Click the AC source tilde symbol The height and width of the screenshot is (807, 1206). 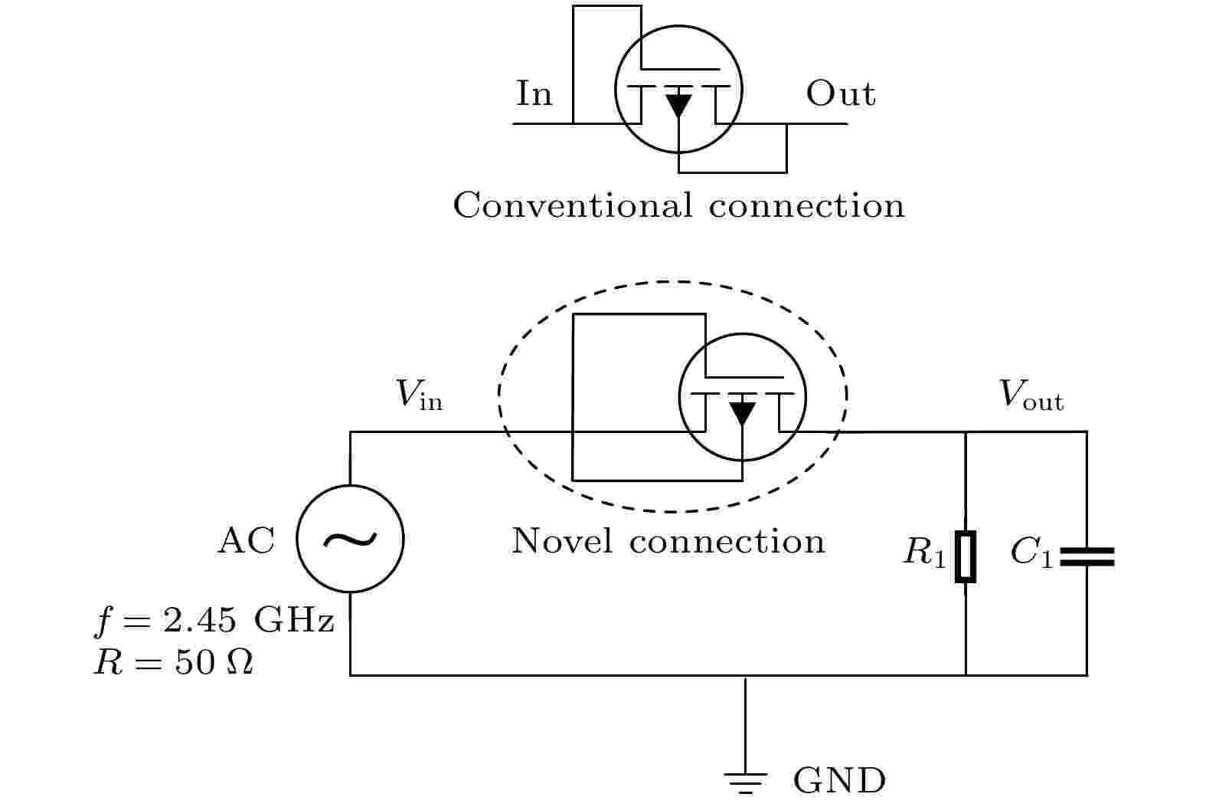[x=350, y=540]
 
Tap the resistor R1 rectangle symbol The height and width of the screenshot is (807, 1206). [x=966, y=557]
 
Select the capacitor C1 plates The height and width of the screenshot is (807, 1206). [x=1087, y=557]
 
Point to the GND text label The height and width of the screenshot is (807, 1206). [x=839, y=781]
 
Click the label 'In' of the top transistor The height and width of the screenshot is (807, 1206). [x=534, y=93]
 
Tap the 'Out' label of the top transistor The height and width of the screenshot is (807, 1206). [x=841, y=93]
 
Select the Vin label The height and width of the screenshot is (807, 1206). [x=419, y=395]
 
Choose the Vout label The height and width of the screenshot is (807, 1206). [x=1031, y=395]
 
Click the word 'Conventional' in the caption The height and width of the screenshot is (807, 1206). [x=573, y=205]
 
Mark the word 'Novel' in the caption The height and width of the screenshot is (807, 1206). [x=561, y=541]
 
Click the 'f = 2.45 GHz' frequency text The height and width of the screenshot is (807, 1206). [x=214, y=621]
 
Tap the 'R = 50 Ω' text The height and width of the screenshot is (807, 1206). [x=173, y=662]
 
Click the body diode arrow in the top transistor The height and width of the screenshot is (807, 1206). [x=678, y=105]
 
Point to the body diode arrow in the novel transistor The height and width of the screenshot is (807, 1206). [x=742, y=413]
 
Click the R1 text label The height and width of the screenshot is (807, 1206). [x=924, y=553]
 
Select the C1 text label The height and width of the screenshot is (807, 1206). [x=1031, y=553]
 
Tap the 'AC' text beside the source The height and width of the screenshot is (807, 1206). [x=247, y=540]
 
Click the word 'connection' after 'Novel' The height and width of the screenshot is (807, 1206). [x=727, y=541]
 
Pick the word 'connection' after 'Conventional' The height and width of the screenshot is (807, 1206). [x=806, y=205]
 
